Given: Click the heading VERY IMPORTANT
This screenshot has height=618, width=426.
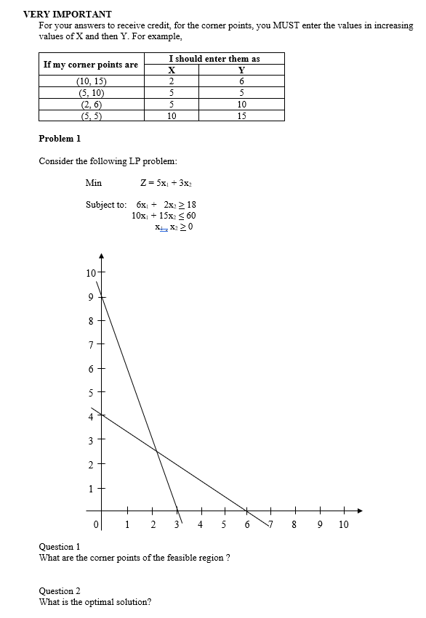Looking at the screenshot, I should point(68,13).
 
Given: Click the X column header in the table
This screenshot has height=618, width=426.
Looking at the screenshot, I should point(172,70).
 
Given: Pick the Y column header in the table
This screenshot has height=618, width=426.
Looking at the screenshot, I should point(241,70).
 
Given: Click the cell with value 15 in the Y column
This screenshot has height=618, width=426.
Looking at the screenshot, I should point(241,115).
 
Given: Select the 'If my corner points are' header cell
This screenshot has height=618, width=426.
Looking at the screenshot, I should point(91,65).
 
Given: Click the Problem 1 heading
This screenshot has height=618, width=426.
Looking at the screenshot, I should point(60,138).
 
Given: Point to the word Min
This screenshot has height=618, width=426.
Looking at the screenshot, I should point(93,182).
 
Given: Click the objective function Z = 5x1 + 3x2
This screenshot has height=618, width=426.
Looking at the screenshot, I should point(166,182).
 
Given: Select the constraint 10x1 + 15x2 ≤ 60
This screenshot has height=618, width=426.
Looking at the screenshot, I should point(164,216).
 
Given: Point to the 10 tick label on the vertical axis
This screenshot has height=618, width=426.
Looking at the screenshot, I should point(90,273).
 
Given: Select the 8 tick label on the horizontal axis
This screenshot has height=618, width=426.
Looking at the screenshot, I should point(296,524).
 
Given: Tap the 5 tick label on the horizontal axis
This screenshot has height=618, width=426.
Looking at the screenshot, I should point(224,524).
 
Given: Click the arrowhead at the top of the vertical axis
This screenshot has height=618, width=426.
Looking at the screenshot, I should point(102,256).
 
